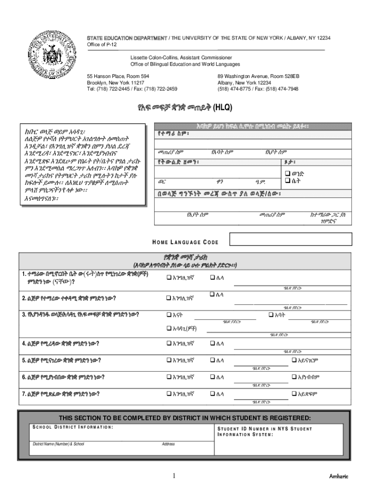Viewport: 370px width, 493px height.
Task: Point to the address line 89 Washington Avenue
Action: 259,77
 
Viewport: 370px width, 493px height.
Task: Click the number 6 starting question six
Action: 23,377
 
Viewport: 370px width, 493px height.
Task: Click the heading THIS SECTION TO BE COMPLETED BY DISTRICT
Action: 185,417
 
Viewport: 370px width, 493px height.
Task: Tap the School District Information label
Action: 73,427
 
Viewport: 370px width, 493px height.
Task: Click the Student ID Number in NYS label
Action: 264,429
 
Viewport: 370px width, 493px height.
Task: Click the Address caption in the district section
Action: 168,444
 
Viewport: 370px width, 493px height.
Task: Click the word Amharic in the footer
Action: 339,476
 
